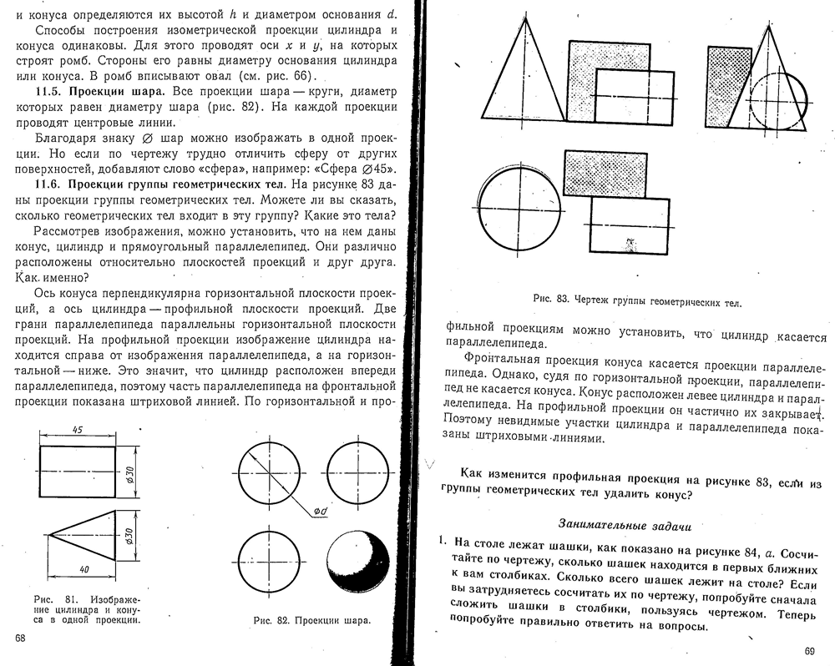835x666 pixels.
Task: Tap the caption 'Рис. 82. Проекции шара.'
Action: [x=312, y=621]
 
